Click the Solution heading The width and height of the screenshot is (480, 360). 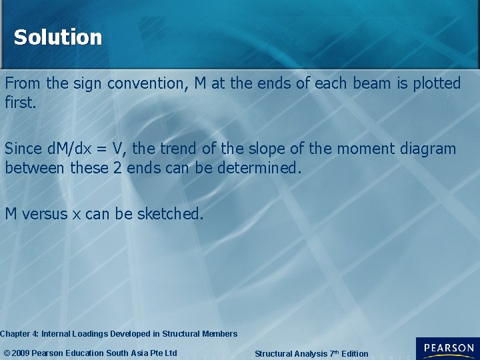click(x=58, y=37)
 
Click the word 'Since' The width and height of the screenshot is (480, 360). click(x=23, y=149)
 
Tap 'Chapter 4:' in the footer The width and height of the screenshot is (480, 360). click(x=19, y=333)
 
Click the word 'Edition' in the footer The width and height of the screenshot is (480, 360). click(x=354, y=354)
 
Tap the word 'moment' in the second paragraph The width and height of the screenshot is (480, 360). click(x=369, y=149)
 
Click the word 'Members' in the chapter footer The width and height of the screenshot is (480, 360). click(x=219, y=333)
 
